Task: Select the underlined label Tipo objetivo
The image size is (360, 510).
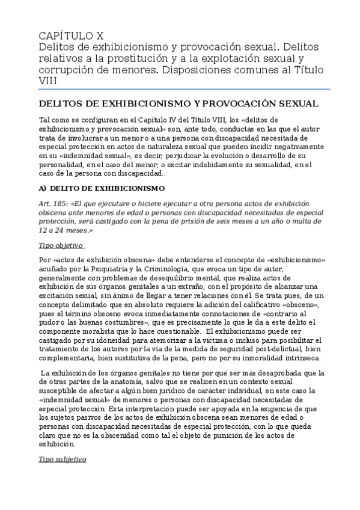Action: [61, 245]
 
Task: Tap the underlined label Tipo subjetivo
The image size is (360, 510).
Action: [63, 459]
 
